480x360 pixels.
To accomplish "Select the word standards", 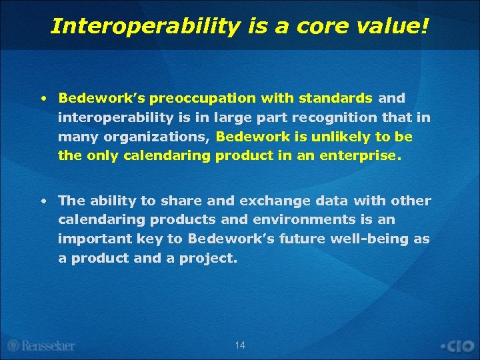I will tap(335, 99).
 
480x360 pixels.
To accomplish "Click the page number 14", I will tap(240, 345).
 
